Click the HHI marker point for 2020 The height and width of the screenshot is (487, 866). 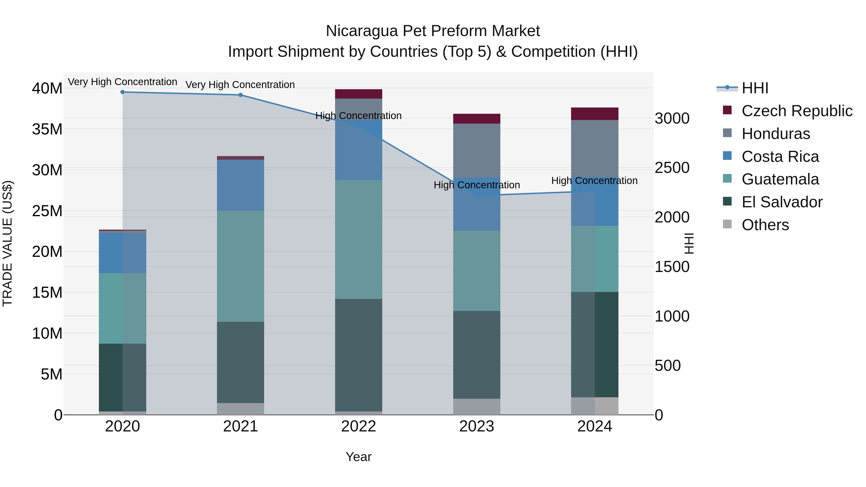pos(123,92)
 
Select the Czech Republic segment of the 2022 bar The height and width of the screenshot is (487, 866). pos(358,94)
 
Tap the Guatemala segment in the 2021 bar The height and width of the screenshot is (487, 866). pos(240,266)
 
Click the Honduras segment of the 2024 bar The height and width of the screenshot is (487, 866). pos(594,148)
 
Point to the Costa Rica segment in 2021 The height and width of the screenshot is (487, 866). pos(240,185)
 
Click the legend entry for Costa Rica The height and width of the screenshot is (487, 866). pos(780,157)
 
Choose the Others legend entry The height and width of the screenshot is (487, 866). pos(765,225)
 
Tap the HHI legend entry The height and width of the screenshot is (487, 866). pos(755,88)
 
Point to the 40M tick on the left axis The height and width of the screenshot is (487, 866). pos(47,89)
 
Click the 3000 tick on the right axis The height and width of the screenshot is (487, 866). pos(672,118)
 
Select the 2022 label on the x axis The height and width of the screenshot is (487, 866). pos(358,426)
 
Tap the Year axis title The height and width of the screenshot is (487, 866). pos(358,457)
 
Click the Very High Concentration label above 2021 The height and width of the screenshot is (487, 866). pos(240,85)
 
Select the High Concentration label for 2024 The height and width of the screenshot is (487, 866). pos(594,181)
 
